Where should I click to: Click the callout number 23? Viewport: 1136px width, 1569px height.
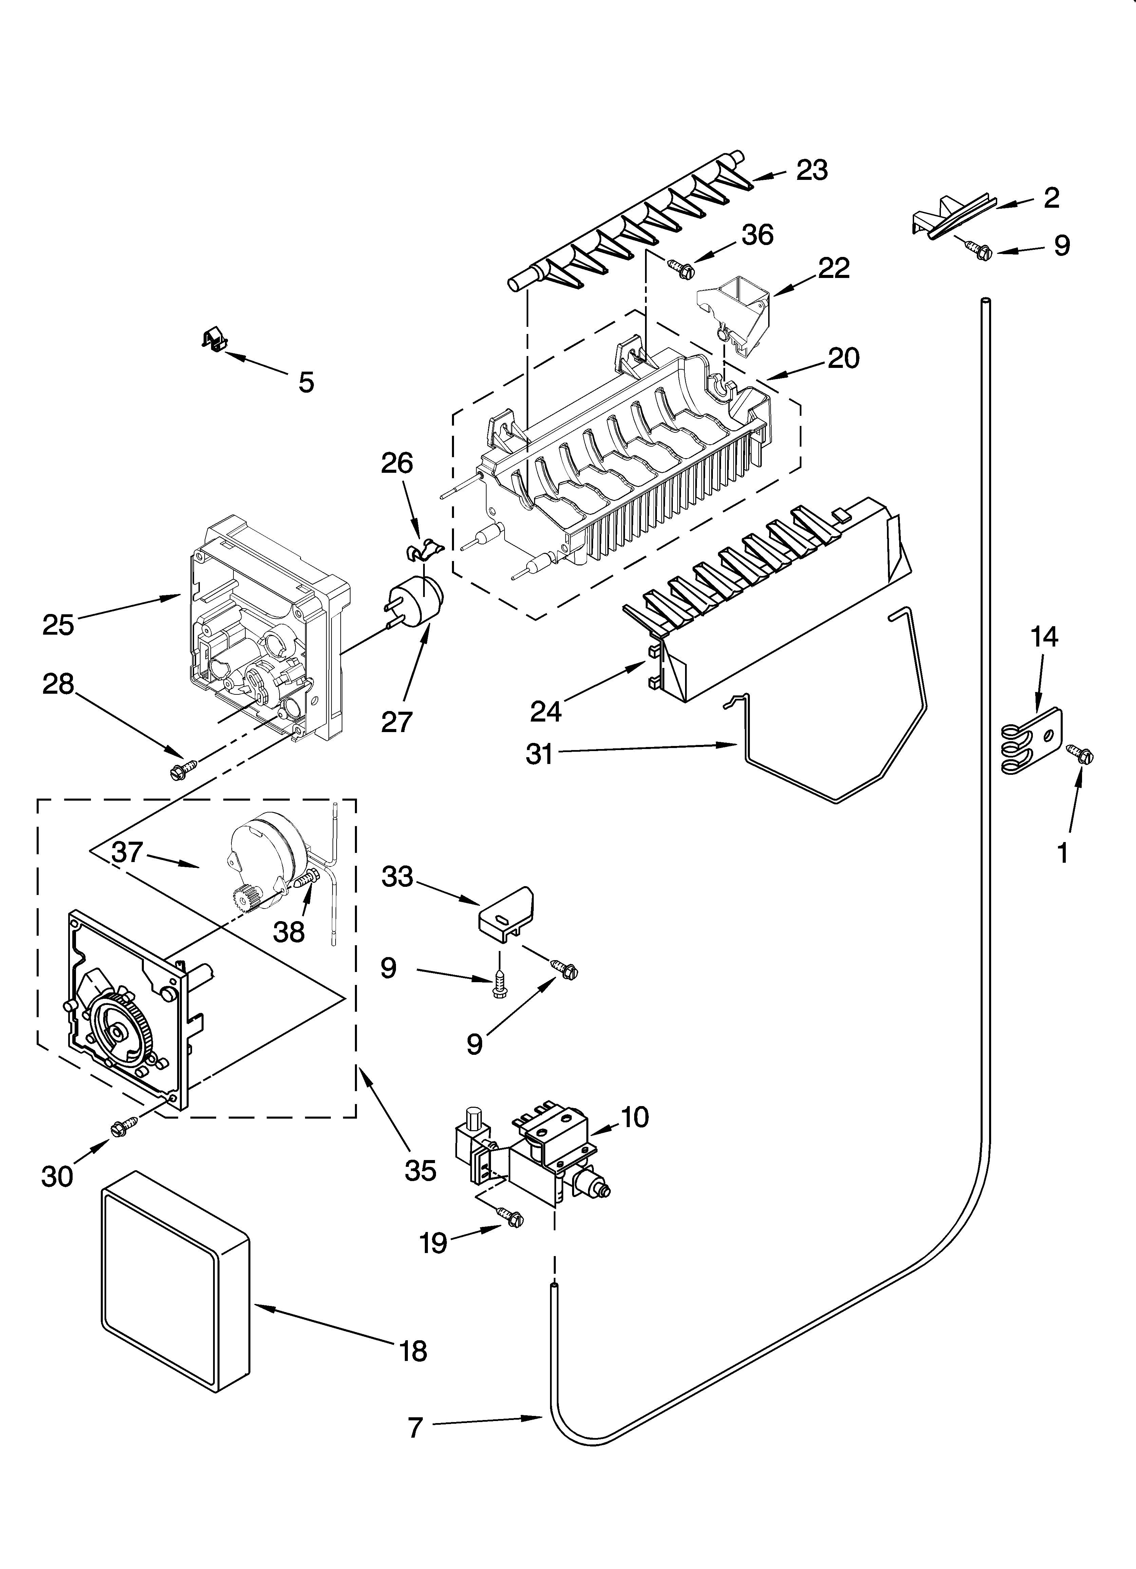pyautogui.click(x=812, y=170)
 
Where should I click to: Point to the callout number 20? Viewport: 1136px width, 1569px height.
pyautogui.click(x=842, y=358)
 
